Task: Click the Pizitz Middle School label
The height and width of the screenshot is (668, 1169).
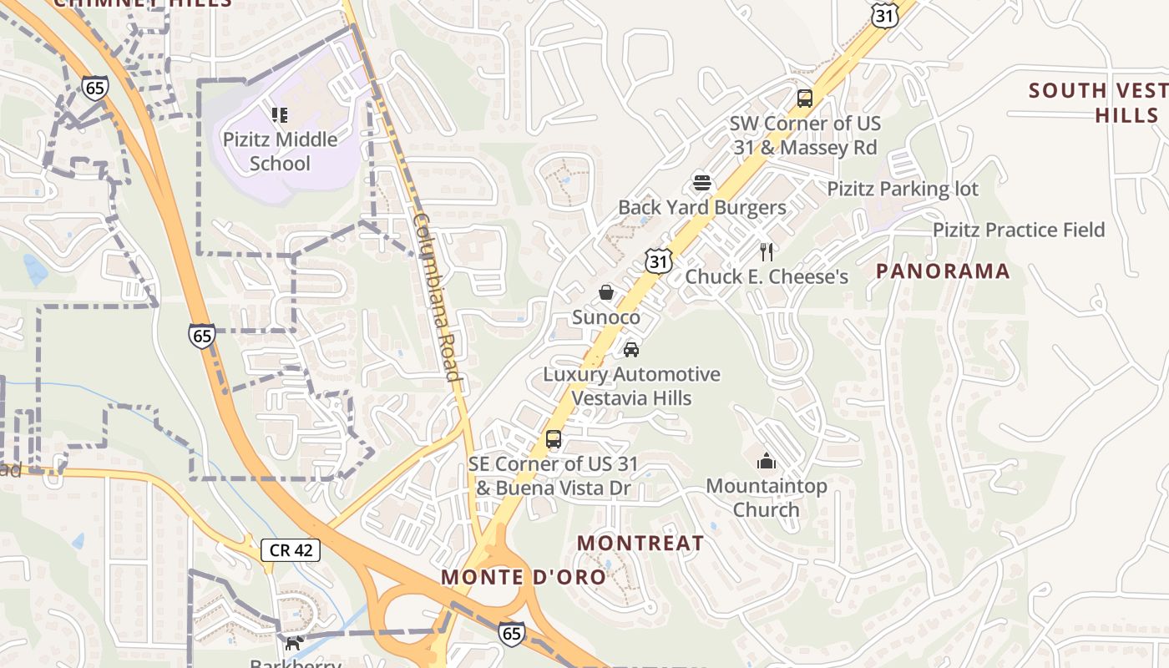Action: pyautogui.click(x=280, y=151)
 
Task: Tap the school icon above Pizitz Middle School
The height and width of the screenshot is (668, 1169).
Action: pyautogui.click(x=280, y=114)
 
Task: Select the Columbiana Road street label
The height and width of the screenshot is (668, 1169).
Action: pyautogui.click(x=437, y=296)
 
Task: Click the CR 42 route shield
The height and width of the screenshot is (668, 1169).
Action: pyautogui.click(x=291, y=549)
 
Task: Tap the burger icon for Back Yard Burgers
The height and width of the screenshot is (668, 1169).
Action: pyautogui.click(x=702, y=183)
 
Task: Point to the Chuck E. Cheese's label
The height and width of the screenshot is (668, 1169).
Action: pyautogui.click(x=767, y=276)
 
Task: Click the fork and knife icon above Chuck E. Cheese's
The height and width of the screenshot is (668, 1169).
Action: pyautogui.click(x=767, y=251)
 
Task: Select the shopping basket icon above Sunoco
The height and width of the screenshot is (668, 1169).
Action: pyautogui.click(x=606, y=292)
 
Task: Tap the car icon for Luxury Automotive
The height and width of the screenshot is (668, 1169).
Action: pyautogui.click(x=631, y=349)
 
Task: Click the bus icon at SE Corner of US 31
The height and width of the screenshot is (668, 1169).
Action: pyautogui.click(x=553, y=438)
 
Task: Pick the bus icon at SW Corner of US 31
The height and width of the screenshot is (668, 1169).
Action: pyautogui.click(x=804, y=99)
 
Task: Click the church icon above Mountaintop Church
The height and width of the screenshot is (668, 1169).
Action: pyautogui.click(x=766, y=461)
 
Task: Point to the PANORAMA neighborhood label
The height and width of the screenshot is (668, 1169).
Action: pyautogui.click(x=943, y=271)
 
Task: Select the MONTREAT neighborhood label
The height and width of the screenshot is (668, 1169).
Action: pyautogui.click(x=640, y=543)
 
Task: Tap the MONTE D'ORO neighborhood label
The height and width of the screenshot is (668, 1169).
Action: pyautogui.click(x=524, y=577)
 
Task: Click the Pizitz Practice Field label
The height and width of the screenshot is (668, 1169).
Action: pyautogui.click(x=1019, y=230)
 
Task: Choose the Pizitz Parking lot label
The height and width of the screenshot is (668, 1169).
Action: pyautogui.click(x=903, y=189)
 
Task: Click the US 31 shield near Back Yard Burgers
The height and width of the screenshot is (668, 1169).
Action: pyautogui.click(x=659, y=261)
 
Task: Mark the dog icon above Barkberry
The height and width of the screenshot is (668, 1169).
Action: pyautogui.click(x=293, y=643)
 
